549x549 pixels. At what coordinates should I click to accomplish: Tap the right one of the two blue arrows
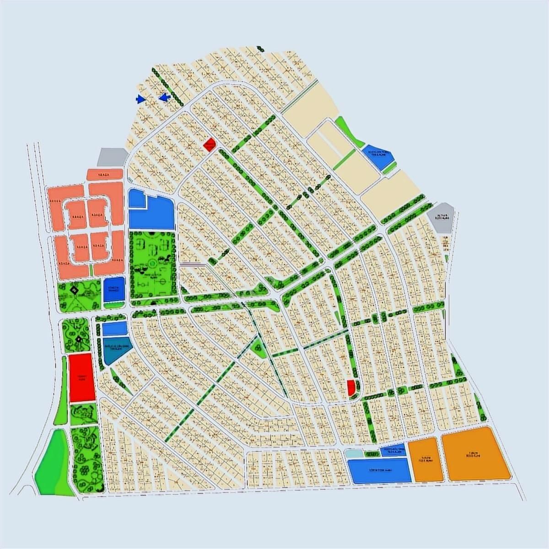[165, 97]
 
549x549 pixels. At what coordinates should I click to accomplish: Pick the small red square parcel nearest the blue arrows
[209, 145]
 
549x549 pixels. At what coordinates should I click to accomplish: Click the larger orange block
[475, 455]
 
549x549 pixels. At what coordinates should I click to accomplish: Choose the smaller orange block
[426, 459]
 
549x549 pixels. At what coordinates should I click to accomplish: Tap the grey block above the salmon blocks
[113, 157]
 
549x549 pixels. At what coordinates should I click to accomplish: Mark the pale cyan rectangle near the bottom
[353, 454]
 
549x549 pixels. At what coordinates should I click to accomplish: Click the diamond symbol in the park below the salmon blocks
[75, 290]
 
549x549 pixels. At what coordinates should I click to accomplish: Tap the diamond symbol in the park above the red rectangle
[79, 339]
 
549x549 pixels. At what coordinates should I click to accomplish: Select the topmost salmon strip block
[105, 174]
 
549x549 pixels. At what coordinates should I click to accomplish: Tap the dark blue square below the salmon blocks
[113, 289]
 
